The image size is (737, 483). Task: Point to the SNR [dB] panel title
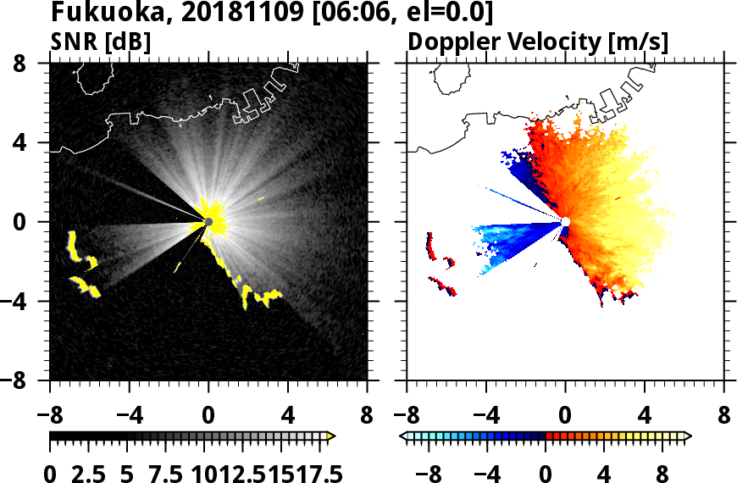101,42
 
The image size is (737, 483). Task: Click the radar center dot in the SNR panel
208,221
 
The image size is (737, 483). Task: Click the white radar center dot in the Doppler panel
565,221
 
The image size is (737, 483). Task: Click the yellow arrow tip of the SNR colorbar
331,436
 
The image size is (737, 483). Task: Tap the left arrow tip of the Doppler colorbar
403,436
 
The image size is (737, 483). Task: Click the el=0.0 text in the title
446,13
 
